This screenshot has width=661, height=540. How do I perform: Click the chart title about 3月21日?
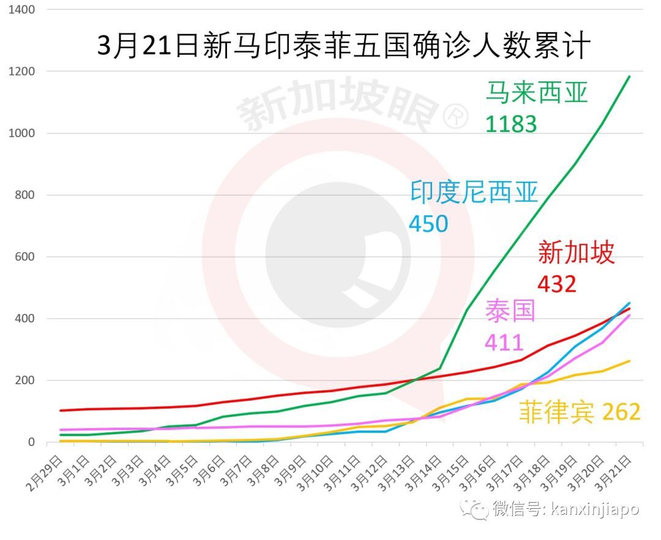(343, 46)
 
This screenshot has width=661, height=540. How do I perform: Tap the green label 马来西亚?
(536, 92)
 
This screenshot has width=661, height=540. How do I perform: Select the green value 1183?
(511, 124)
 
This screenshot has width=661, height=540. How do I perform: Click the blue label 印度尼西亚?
(474, 193)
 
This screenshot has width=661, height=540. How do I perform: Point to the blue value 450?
(428, 224)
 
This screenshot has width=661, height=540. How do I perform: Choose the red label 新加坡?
(576, 252)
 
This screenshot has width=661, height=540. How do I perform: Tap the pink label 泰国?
(510, 311)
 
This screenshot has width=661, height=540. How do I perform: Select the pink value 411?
(504, 342)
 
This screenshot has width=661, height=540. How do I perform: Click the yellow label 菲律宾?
(556, 412)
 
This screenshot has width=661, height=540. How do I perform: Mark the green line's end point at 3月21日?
(630, 76)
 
